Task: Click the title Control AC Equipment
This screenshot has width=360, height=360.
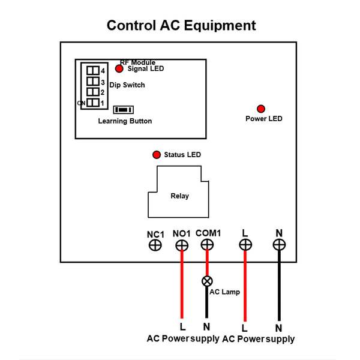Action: coord(181,26)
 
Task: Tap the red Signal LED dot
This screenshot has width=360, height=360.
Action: coord(119,69)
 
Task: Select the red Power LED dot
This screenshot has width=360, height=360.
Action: coord(261,109)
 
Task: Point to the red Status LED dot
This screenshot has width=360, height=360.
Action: coord(157,154)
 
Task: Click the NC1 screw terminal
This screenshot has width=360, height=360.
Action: coord(155,245)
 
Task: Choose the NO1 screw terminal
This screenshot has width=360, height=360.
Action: coord(182,245)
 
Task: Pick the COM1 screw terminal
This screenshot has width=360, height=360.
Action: coord(207,245)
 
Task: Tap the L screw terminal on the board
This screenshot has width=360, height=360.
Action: coord(245,245)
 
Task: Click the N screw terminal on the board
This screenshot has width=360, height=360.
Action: coord(278,245)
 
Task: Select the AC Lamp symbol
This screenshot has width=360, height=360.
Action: coord(207,281)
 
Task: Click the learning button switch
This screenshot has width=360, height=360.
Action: coord(124,110)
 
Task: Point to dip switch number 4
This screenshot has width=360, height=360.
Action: coord(92,71)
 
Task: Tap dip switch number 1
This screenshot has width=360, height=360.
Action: coord(92,103)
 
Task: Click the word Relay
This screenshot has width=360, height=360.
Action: coord(179,196)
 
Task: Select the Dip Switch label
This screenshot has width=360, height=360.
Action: coord(127,85)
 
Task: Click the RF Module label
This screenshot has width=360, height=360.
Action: coord(137,62)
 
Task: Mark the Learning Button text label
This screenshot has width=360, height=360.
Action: coord(125,121)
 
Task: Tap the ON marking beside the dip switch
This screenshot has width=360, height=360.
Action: coord(81,104)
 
